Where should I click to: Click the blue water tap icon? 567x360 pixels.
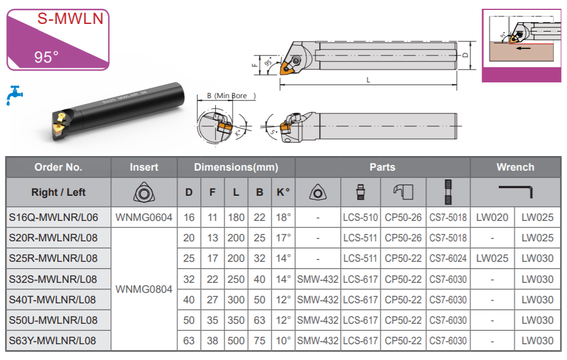click(15, 95)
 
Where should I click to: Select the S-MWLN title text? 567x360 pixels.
click(71, 19)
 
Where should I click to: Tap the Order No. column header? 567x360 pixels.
click(58, 167)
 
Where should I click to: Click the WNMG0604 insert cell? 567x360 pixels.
click(144, 217)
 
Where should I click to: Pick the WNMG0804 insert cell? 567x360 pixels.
click(144, 289)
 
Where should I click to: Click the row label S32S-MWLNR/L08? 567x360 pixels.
click(53, 279)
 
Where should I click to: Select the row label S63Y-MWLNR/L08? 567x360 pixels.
click(53, 341)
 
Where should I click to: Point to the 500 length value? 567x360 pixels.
click(236, 341)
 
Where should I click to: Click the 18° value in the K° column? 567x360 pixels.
click(283, 217)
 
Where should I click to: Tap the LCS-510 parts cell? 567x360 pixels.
click(360, 217)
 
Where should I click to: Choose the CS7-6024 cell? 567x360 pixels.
click(448, 258)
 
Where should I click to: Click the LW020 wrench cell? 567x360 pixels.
click(492, 217)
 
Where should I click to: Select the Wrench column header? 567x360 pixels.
click(516, 167)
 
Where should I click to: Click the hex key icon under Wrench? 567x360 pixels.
click(516, 188)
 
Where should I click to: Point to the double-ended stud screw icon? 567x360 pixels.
click(448, 192)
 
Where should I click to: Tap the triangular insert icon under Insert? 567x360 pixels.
click(144, 192)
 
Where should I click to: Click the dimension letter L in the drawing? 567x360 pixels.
click(368, 80)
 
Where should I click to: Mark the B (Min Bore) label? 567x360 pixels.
click(231, 96)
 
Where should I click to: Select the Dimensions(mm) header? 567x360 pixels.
click(236, 167)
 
